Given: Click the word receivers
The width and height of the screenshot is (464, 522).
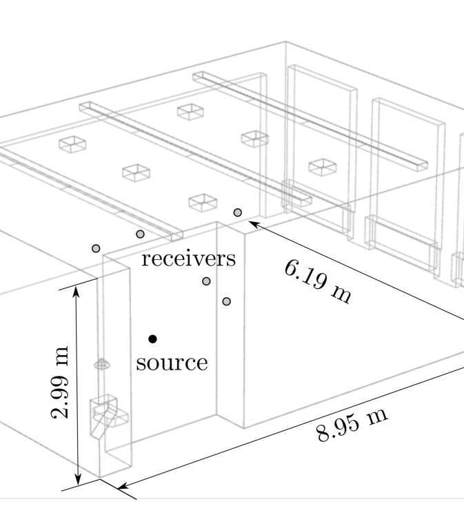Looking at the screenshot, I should click(188, 259).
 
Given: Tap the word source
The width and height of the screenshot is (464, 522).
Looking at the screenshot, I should click(172, 363).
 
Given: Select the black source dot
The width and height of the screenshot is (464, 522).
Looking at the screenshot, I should click(153, 339).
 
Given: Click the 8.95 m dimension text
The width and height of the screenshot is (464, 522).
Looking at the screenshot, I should click(352, 425).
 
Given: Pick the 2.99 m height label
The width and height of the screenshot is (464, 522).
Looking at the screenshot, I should click(61, 382).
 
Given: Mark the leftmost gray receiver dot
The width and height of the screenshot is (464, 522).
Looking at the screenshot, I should click(96, 248).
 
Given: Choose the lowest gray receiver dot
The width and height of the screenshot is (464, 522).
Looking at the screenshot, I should click(226, 301).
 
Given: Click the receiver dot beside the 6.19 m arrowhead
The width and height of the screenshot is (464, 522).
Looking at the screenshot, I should click(238, 212).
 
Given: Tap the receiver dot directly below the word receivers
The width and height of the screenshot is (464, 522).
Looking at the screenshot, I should click(206, 281).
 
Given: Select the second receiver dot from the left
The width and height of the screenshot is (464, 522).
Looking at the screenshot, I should click(140, 234).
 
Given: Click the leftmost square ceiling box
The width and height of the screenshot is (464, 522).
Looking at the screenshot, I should click(72, 143).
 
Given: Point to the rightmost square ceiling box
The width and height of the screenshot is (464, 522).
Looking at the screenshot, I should click(321, 167).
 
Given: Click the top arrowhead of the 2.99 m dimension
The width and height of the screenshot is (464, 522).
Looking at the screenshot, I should click(77, 291).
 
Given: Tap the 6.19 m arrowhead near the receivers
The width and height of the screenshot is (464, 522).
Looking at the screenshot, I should click(253, 223).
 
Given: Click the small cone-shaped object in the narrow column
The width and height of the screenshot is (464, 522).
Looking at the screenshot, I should click(101, 363).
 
